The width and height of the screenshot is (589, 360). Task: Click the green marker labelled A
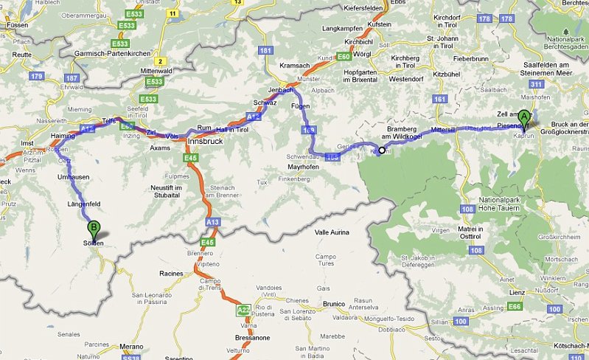(x=524, y=117)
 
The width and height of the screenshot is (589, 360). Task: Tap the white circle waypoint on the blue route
(x=382, y=150)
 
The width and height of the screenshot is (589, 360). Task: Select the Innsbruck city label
(x=205, y=140)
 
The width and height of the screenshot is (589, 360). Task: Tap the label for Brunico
(x=334, y=302)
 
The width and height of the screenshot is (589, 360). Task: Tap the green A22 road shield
(x=244, y=311)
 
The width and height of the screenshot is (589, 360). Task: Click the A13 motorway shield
(x=213, y=221)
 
